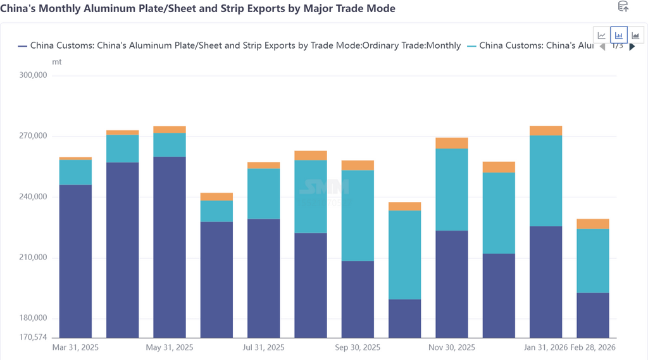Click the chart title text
[x=198, y=8]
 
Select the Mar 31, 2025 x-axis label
[x=75, y=347]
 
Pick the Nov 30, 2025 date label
[x=452, y=347]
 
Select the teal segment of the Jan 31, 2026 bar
[x=545, y=181]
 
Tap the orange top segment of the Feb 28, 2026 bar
[x=592, y=224]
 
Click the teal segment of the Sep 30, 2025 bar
[x=358, y=216]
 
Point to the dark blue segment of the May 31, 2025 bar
[x=170, y=247]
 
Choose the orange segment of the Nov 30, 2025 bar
[x=452, y=143]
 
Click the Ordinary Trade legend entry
[x=246, y=46]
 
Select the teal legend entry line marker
[x=471, y=46]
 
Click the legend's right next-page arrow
[x=632, y=46]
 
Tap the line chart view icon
[x=602, y=35]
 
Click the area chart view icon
[x=635, y=35]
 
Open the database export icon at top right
[x=623, y=7]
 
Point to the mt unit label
[x=56, y=62]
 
